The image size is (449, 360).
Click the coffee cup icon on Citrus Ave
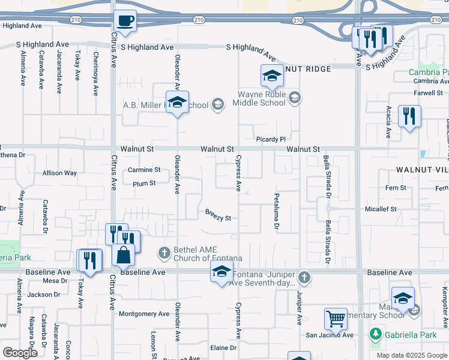point(125,21)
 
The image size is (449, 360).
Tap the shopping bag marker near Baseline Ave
point(123,254)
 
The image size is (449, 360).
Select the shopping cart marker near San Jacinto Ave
point(336,318)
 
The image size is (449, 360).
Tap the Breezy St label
point(218,215)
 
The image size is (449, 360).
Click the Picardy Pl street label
point(271,139)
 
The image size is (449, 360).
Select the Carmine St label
point(144,170)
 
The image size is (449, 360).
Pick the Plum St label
point(144,183)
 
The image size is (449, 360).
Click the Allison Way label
point(59,173)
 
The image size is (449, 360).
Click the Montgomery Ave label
point(144,314)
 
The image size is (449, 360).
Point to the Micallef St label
point(381,209)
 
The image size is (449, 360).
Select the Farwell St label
point(427,93)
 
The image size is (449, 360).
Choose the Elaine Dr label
point(223,348)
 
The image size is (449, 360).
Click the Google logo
point(20,352)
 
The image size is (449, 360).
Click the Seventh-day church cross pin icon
point(304,278)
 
